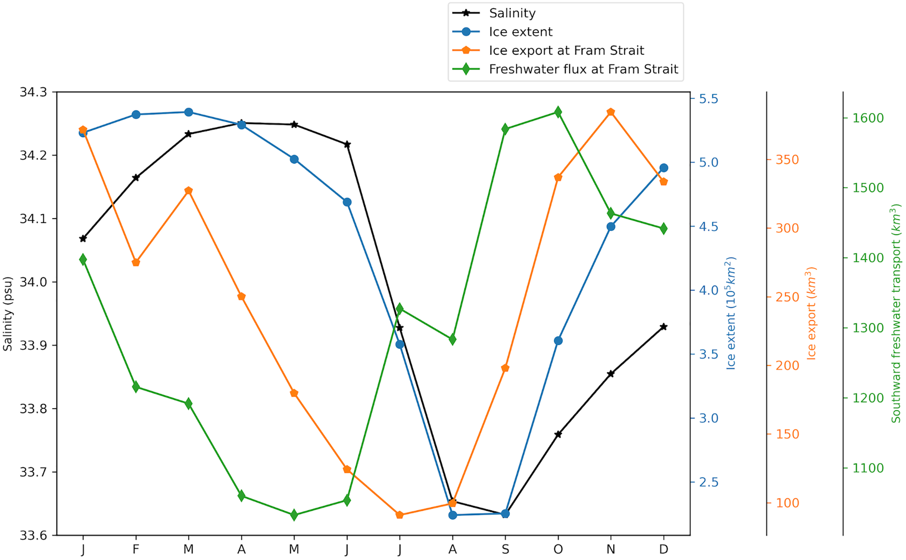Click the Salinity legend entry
(512, 13)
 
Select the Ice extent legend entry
(520, 32)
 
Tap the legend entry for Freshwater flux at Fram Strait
(583, 69)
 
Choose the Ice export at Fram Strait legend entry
(566, 51)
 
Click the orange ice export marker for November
(611, 112)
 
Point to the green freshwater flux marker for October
(558, 112)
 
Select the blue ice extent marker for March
(188, 112)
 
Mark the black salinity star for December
(664, 327)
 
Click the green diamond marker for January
(83, 260)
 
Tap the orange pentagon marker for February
(136, 263)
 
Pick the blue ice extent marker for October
(558, 341)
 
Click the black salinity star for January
(83, 238)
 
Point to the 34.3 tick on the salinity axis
(33, 92)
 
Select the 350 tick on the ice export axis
(787, 160)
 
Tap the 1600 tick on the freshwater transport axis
(868, 118)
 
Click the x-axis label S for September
(505, 549)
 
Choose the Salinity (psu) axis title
(8, 313)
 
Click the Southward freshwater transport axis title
(895, 313)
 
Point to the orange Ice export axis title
(811, 313)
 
